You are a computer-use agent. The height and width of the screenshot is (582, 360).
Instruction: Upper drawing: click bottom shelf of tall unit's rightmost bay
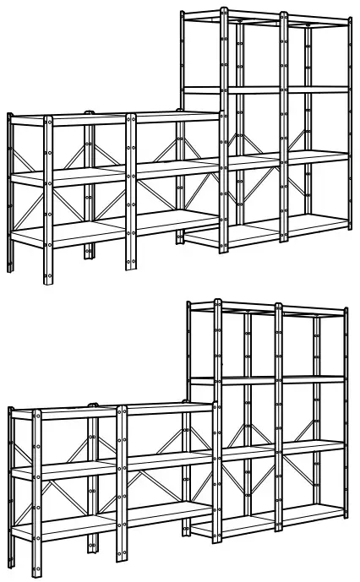point(317,223)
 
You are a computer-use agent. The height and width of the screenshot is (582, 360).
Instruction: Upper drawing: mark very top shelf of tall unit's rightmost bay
point(317,21)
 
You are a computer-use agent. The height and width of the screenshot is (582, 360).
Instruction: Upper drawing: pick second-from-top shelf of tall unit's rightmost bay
point(317,89)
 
